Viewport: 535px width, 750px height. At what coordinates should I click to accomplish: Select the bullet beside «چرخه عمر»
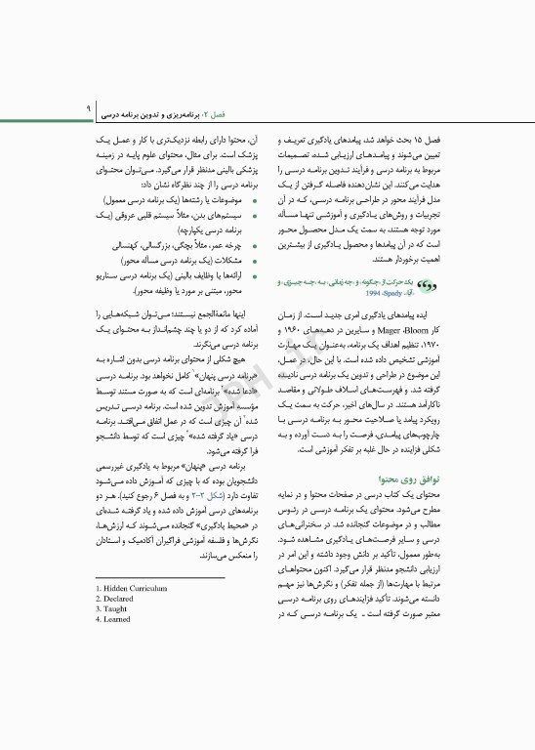click(256, 248)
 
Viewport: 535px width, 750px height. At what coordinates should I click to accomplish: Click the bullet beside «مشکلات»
click(256, 262)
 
